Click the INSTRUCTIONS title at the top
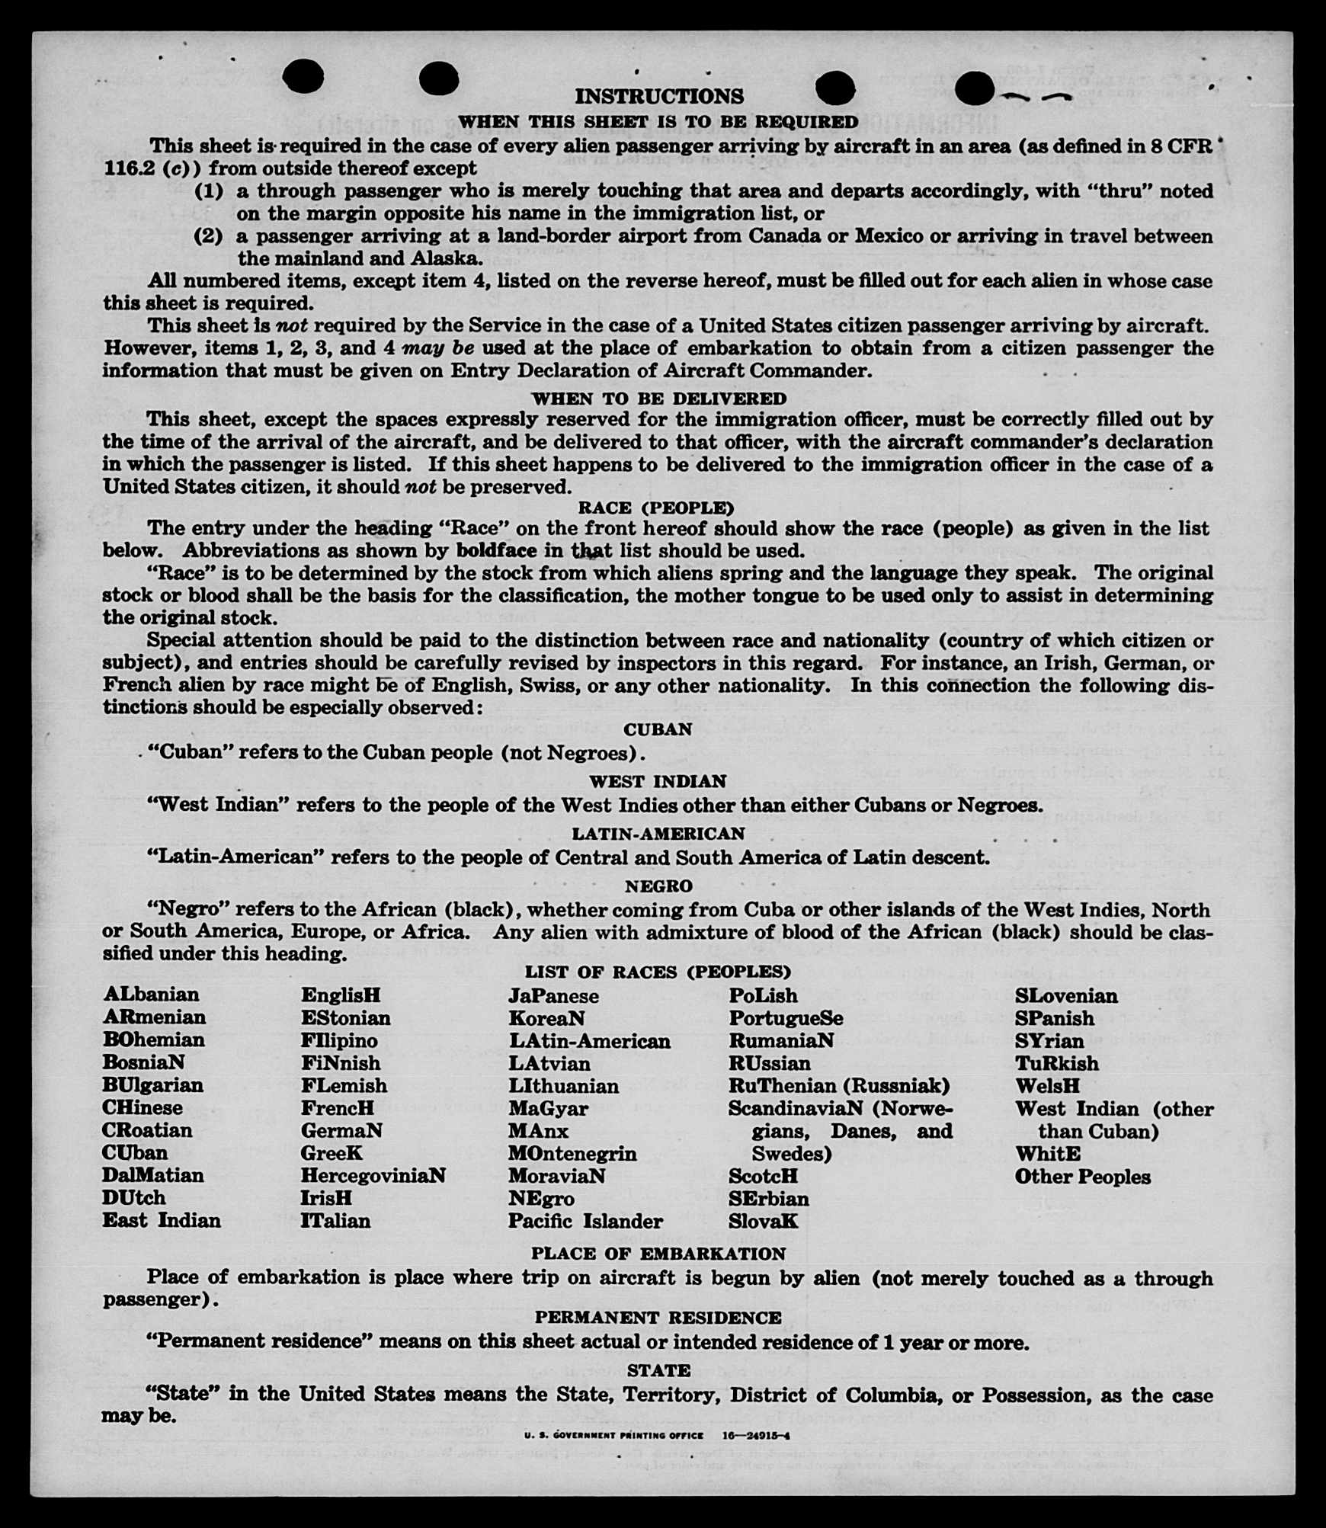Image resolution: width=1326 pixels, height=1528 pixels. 658,96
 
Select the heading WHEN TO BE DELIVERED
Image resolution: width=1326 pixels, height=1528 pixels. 658,399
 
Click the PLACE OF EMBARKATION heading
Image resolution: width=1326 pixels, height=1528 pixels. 658,1254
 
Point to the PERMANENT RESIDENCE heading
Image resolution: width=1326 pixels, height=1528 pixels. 658,1318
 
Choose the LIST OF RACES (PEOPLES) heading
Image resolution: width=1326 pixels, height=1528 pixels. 657,972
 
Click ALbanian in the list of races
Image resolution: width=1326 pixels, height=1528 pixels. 151,995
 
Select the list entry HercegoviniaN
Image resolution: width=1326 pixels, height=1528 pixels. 373,1175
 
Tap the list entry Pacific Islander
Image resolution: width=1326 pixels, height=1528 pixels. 585,1221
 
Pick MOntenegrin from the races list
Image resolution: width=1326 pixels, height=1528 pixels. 572,1153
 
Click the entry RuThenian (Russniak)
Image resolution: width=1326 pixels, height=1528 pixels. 839,1085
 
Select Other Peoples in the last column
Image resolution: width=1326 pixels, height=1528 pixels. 1082,1176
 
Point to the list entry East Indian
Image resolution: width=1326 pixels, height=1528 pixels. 162,1220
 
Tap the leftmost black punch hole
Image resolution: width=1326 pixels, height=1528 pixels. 303,78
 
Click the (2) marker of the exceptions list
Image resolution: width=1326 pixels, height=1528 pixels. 208,235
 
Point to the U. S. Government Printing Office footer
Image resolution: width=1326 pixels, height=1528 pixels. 613,1435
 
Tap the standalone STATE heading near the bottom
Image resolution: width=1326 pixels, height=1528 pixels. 658,1370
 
